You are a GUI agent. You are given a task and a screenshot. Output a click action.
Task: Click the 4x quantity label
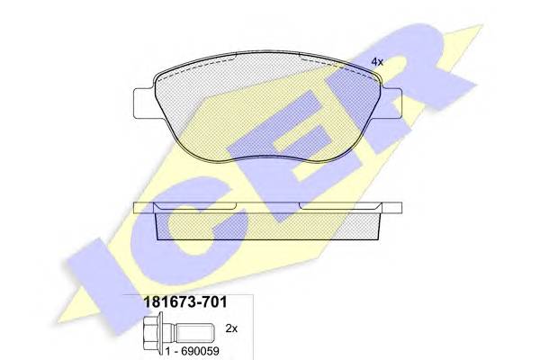coord(377,62)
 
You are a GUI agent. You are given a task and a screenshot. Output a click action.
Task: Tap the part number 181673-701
coord(184,302)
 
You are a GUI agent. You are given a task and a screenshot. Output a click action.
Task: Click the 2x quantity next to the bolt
coord(231,328)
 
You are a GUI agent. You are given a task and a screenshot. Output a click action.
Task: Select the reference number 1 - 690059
coord(193,351)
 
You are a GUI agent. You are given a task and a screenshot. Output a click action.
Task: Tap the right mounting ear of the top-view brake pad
coord(391,103)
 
